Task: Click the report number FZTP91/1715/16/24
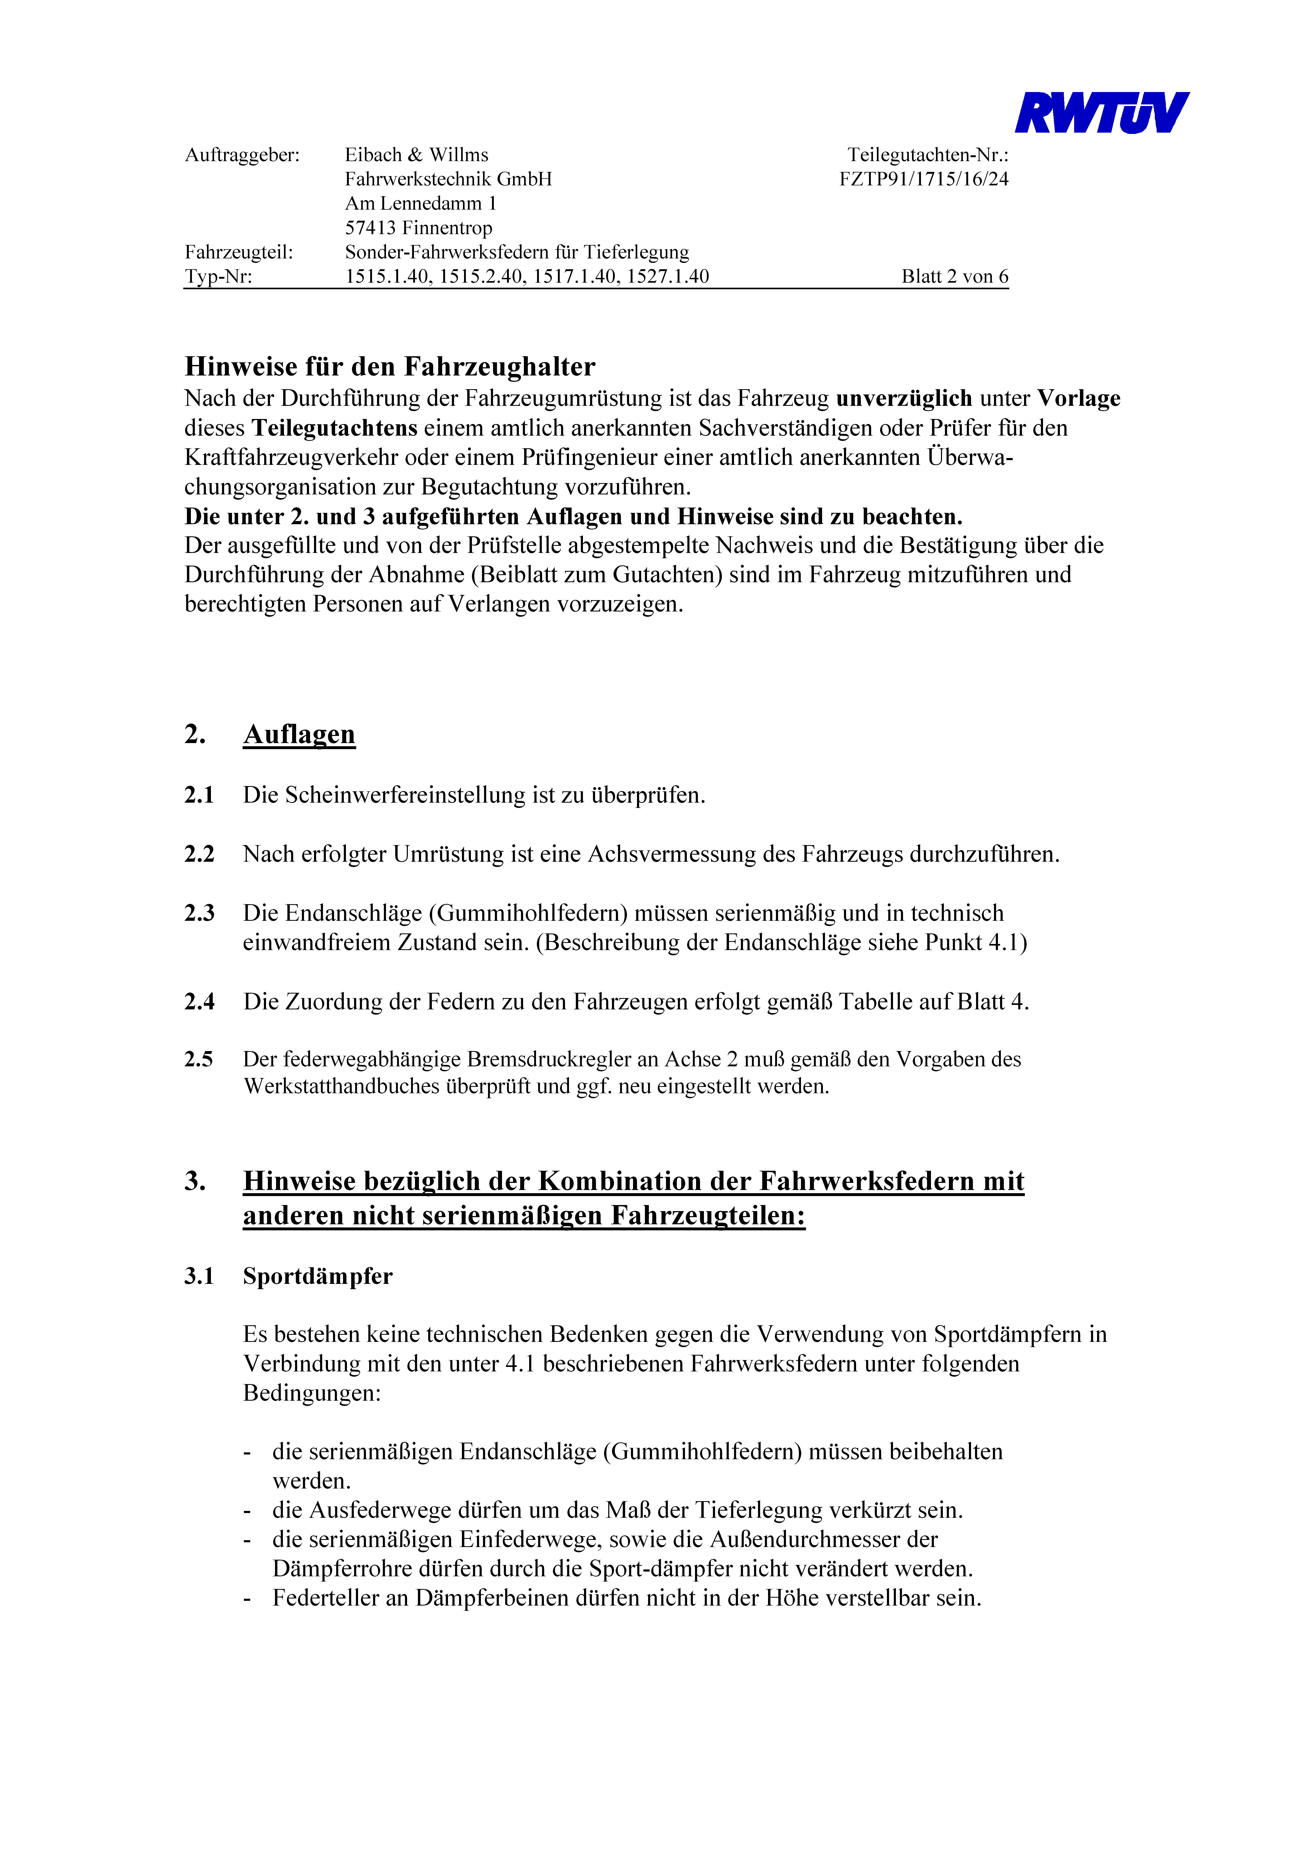click(x=924, y=179)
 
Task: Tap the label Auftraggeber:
click(x=242, y=155)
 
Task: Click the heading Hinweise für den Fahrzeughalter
click(x=390, y=367)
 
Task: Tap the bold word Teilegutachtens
click(x=335, y=428)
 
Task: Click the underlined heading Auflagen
click(x=299, y=734)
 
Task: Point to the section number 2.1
click(x=199, y=795)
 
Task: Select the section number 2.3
click(x=199, y=913)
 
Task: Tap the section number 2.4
click(x=199, y=1001)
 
